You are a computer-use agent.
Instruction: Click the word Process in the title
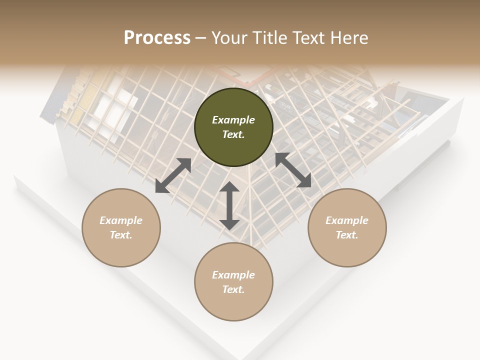point(157,38)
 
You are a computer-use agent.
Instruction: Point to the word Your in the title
point(229,38)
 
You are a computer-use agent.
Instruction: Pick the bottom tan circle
point(233,305)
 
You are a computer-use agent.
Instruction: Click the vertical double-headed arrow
point(229,205)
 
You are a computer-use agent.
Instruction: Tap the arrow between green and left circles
point(173,175)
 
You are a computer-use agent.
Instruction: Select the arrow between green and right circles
point(293,170)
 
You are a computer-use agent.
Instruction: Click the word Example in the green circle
point(233,120)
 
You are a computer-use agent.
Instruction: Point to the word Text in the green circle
point(233,135)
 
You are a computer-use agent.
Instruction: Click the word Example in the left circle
point(121,220)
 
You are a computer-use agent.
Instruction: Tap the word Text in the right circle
point(347,235)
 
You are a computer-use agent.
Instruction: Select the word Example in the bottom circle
point(233,275)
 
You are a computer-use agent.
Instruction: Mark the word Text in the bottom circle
point(233,289)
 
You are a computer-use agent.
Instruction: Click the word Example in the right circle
point(347,220)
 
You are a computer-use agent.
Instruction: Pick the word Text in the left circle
point(121,235)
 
